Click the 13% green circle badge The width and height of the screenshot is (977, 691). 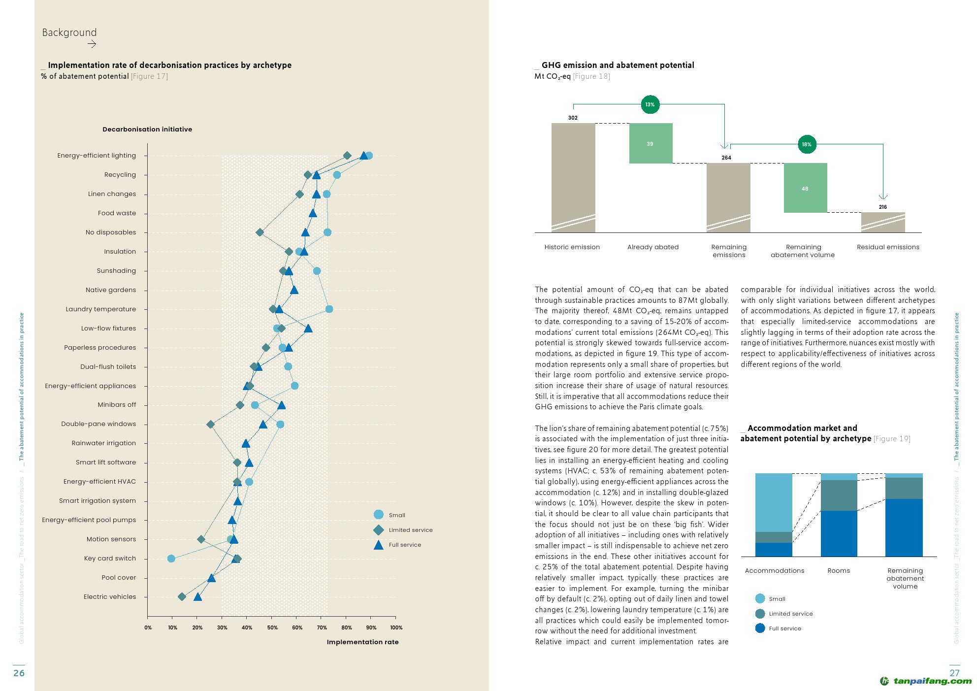pyautogui.click(x=650, y=104)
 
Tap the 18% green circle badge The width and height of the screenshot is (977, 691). pyautogui.click(x=807, y=144)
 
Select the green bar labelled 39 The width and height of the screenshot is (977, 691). pyautogui.click(x=651, y=143)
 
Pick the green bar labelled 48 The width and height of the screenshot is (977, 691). pyautogui.click(x=805, y=188)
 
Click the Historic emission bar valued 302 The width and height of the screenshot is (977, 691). pyautogui.click(x=573, y=177)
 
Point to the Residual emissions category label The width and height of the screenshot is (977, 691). pyautogui.click(x=888, y=247)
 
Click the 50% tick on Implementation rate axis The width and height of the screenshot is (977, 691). pyautogui.click(x=272, y=627)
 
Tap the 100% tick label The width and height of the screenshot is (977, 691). pyautogui.click(x=396, y=627)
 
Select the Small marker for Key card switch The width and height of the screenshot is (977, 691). pyautogui.click(x=171, y=559)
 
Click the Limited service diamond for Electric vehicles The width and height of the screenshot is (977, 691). pyautogui.click(x=182, y=597)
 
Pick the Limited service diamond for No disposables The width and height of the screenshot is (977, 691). pyautogui.click(x=260, y=232)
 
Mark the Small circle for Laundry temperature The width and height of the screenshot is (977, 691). pyautogui.click(x=329, y=309)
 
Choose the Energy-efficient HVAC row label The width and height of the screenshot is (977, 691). pyautogui.click(x=99, y=482)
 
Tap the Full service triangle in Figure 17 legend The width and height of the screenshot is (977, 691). pyautogui.click(x=378, y=545)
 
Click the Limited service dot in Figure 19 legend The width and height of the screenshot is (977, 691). pyautogui.click(x=760, y=614)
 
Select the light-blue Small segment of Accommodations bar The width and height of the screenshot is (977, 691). pyautogui.click(x=774, y=502)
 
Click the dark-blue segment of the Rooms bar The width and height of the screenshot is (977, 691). pyautogui.click(x=839, y=533)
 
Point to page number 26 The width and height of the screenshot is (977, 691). pyautogui.click(x=19, y=673)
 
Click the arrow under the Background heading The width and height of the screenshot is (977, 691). pyautogui.click(x=92, y=44)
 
